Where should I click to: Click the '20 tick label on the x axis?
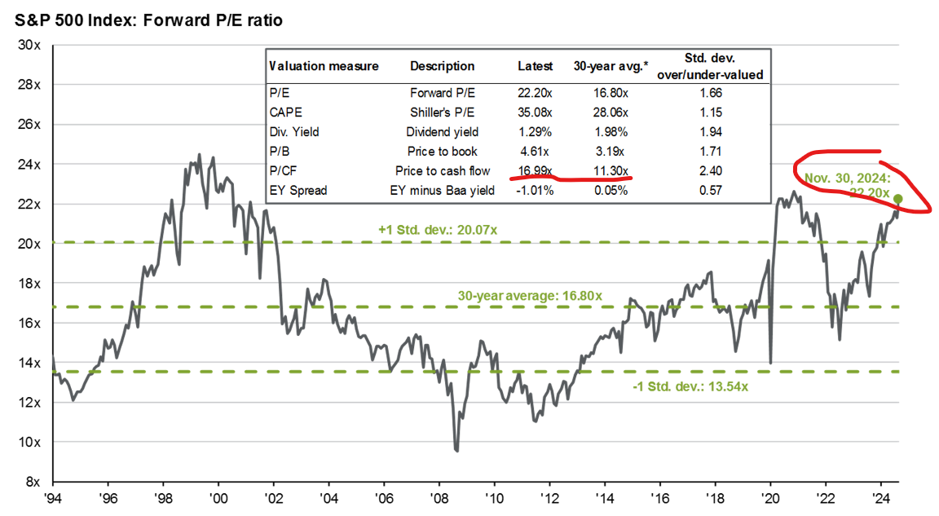pos(770,497)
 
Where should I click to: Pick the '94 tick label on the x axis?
pos(54,497)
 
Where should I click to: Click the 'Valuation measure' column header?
pos(324,66)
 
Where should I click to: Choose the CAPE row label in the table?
pos(284,112)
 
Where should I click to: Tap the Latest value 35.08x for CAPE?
pos(535,112)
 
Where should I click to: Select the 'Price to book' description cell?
pos(443,151)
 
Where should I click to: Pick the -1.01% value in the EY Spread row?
pos(535,191)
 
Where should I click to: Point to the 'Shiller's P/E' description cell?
pos(443,112)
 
